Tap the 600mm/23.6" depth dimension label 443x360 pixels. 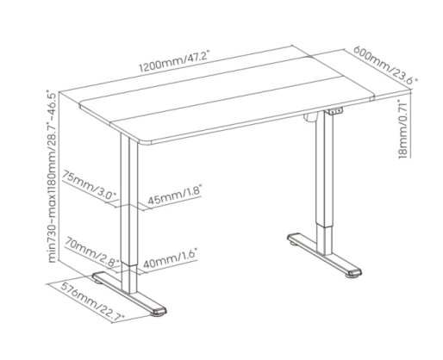384,65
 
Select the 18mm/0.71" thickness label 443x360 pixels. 403,129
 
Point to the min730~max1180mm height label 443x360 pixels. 52,177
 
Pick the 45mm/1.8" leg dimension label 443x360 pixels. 175,195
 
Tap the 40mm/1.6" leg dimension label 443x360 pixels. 170,258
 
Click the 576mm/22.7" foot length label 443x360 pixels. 92,301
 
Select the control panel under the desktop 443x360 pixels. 335,111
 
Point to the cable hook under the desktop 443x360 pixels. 311,119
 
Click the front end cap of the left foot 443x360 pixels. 160,311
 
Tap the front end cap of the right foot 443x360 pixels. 355,272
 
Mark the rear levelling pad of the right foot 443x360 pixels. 294,244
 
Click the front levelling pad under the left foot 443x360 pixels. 157,315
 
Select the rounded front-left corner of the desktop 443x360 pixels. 145,141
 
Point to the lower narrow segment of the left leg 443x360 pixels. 129,278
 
